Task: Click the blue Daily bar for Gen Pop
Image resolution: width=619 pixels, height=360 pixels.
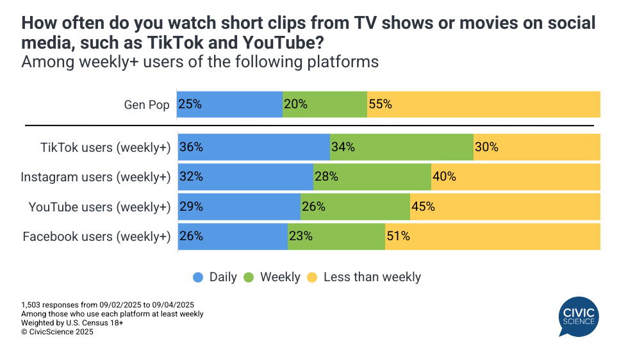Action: pyautogui.click(x=229, y=104)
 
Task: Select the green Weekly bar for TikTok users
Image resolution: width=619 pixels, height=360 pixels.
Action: pyautogui.click(x=402, y=147)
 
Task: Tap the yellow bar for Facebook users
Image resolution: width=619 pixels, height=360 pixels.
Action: pyautogui.click(x=492, y=236)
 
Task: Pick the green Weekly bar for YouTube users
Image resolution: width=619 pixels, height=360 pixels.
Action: pyautogui.click(x=355, y=207)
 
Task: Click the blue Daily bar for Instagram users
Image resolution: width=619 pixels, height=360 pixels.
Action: pyautogui.click(x=245, y=177)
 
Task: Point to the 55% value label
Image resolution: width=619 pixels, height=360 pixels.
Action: pyautogui.click(x=380, y=104)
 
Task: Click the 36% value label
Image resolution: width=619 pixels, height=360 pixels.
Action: pyautogui.click(x=191, y=147)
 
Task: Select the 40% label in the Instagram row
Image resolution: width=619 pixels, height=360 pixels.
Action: pyautogui.click(x=444, y=177)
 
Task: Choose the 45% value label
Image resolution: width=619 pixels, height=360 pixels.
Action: pyautogui.click(x=423, y=207)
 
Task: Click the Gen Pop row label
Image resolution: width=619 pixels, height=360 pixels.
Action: pyautogui.click(x=147, y=104)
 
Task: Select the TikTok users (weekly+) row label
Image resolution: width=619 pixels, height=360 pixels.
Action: pyautogui.click(x=105, y=147)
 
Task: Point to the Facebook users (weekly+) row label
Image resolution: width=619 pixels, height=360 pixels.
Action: pyautogui.click(x=97, y=237)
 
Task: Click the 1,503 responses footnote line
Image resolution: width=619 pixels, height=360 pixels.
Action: pyautogui.click(x=108, y=305)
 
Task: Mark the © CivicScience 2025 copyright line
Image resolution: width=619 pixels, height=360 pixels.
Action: pyautogui.click(x=57, y=332)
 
